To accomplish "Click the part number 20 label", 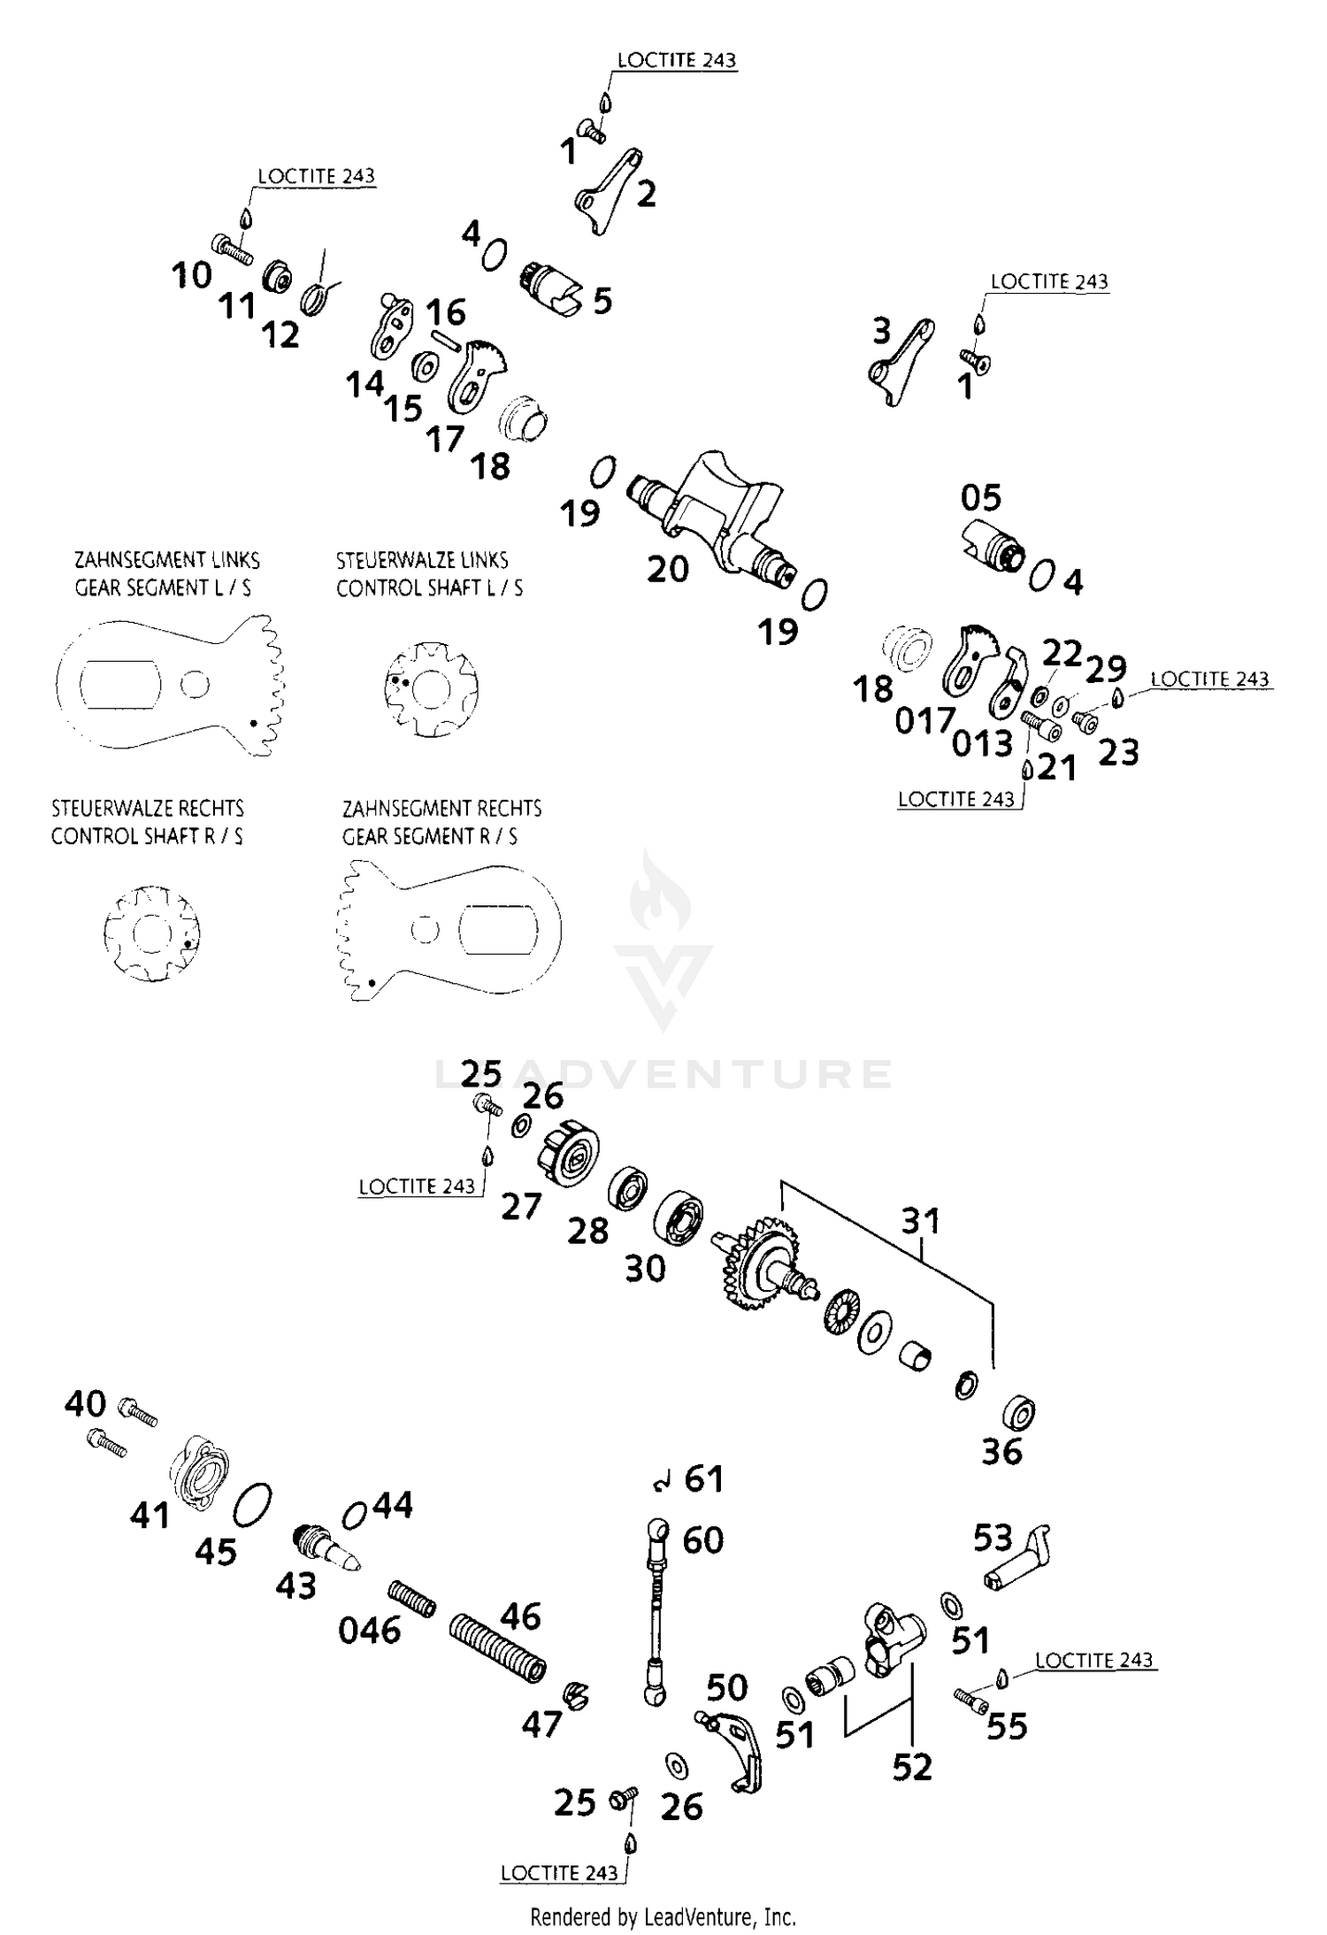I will pyautogui.click(x=667, y=569).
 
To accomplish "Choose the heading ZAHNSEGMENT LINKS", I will pyautogui.click(x=166, y=560).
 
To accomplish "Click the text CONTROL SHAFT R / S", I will pyautogui.click(x=147, y=836).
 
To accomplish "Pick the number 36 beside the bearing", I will pyautogui.click(x=1001, y=1452).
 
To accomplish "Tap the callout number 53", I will pyautogui.click(x=993, y=1538).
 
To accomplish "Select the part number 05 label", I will pyautogui.click(x=980, y=498).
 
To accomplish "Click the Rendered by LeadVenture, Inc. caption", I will pyautogui.click(x=663, y=1916).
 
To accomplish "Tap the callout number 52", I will pyautogui.click(x=912, y=1767).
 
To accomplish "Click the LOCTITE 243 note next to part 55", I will pyautogui.click(x=1093, y=1660).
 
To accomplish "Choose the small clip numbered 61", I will pyautogui.click(x=660, y=1484).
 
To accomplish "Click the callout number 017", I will pyautogui.click(x=924, y=721).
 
